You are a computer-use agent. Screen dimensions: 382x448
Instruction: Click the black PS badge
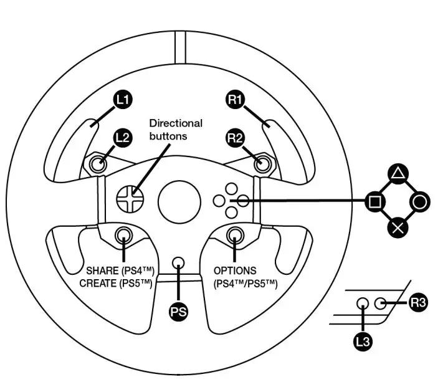[179, 310]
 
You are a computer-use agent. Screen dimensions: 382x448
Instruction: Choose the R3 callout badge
[419, 304]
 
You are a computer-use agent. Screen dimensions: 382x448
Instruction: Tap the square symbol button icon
[375, 201]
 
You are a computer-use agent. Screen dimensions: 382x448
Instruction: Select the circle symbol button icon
[421, 201]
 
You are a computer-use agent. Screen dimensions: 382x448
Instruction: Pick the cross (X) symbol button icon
[398, 227]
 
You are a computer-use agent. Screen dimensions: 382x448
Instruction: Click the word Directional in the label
[176, 123]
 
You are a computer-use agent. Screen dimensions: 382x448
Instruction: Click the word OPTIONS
[234, 271]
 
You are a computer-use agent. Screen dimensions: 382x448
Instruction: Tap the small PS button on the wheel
[179, 263]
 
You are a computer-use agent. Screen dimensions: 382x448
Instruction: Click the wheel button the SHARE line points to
[124, 235]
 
